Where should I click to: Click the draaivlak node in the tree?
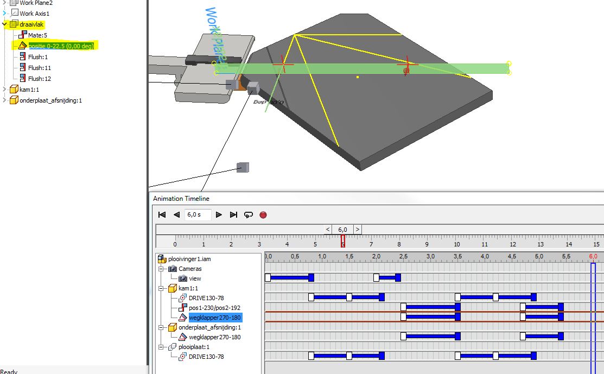(x=30, y=24)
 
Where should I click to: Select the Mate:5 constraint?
(x=37, y=35)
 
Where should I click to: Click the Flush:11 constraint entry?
(x=39, y=68)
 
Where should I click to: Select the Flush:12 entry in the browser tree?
(x=39, y=79)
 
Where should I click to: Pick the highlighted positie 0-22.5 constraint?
(x=61, y=46)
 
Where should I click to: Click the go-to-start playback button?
(x=162, y=215)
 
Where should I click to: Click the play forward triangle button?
(x=219, y=215)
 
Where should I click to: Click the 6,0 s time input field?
(x=198, y=215)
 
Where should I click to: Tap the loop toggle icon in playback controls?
(x=249, y=215)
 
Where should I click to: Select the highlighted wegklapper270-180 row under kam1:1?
(x=214, y=318)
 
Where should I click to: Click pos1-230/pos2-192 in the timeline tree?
(x=214, y=308)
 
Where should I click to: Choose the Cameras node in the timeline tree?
(x=190, y=269)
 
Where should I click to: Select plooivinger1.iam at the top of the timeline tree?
(x=189, y=259)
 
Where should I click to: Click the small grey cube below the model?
(x=243, y=167)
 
